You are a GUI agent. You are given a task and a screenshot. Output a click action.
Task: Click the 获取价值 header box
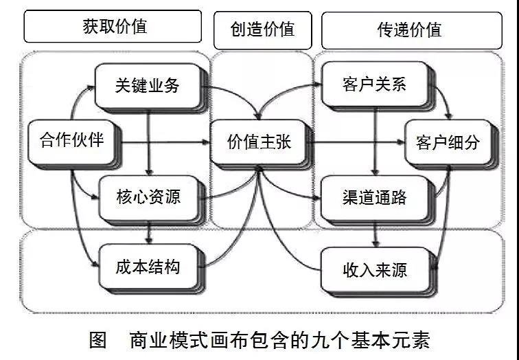(x=113, y=27)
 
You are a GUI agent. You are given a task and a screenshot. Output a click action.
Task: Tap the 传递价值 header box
(x=409, y=30)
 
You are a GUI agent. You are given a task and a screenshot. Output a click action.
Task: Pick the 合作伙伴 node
(x=72, y=140)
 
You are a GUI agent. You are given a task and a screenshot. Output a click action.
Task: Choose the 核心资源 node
(x=148, y=196)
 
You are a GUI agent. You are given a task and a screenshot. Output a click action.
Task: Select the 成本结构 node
(x=148, y=266)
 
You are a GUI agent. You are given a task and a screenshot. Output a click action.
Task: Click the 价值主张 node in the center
(x=259, y=142)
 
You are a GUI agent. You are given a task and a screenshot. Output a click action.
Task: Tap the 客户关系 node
(x=374, y=85)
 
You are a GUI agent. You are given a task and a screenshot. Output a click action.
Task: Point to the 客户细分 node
(x=448, y=143)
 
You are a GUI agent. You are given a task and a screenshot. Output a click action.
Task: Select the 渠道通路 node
(x=374, y=197)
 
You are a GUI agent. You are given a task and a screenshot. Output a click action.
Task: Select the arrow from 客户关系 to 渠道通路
(x=375, y=141)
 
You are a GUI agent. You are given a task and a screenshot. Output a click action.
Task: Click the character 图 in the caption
(x=97, y=340)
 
